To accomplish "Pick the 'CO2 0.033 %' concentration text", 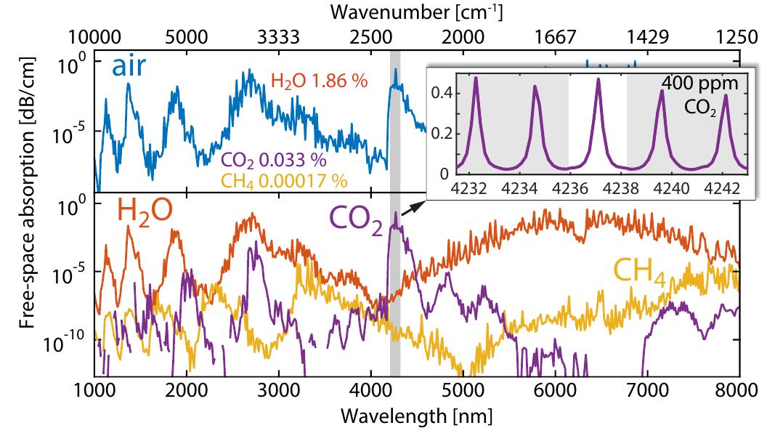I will click(272, 160).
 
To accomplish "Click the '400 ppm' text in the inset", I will click(699, 84).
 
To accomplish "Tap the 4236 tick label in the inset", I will click(569, 187).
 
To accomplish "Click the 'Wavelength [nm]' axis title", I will click(416, 416).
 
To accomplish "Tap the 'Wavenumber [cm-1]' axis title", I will click(416, 12).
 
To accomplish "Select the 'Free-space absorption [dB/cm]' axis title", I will click(27, 211).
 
